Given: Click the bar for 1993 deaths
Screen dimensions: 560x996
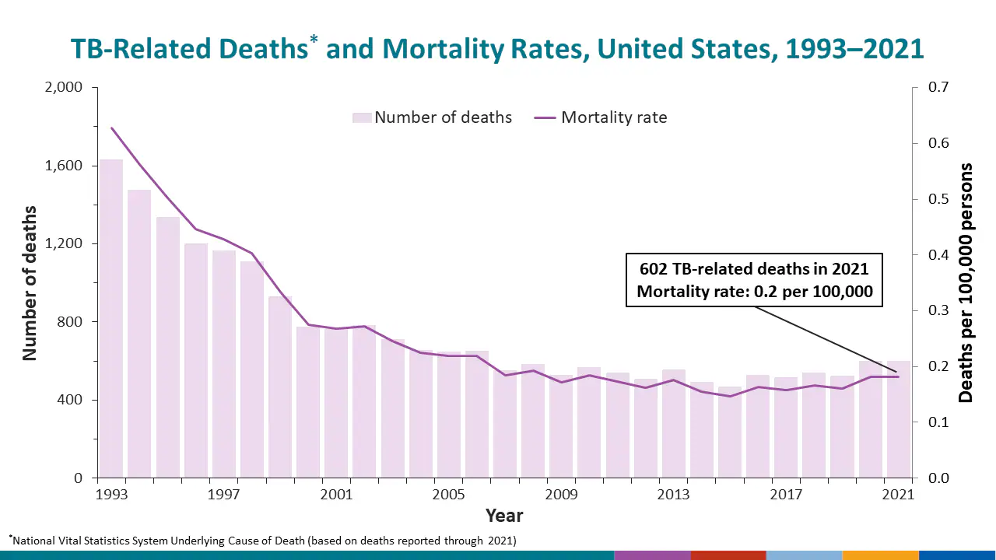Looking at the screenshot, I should point(111,319).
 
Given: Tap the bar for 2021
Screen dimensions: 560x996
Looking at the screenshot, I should point(899,420).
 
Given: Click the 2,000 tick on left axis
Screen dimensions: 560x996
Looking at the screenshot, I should point(61,87).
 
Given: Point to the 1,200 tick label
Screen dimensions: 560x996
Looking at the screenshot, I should point(61,243).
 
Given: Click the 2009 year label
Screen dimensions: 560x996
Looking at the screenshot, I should point(560,495).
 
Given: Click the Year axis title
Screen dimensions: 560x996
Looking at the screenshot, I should point(504,515).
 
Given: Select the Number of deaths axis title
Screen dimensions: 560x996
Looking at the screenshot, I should point(30,282).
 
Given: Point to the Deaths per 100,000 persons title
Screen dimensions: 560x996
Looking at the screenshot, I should point(966,282).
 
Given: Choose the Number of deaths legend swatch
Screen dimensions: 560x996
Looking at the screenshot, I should point(361,117).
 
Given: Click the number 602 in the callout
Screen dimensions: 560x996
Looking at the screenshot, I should point(654,269).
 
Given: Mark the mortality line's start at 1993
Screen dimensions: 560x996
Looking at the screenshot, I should point(111,128).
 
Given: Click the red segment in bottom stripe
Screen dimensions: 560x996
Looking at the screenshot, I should point(728,555).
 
